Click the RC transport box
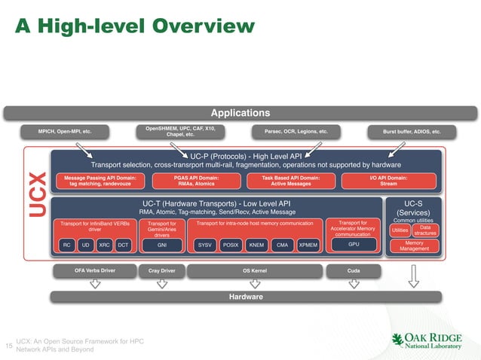click(x=66, y=245)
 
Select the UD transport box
click(x=85, y=245)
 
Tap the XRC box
click(x=105, y=245)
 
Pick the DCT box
click(x=124, y=245)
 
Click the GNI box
click(x=161, y=245)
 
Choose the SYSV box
click(x=204, y=245)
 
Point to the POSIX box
click(x=231, y=245)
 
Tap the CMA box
click(x=283, y=245)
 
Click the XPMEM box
click(x=308, y=245)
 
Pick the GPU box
click(x=353, y=245)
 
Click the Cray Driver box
click(x=161, y=270)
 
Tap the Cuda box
click(x=353, y=270)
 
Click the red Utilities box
click(x=400, y=231)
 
